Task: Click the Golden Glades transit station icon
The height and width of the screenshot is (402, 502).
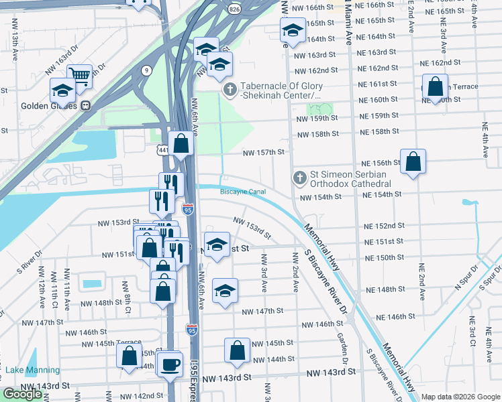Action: coord(86,106)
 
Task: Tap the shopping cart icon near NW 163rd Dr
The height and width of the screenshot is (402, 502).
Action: coord(79,75)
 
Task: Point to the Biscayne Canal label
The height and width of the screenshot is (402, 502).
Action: coord(243,192)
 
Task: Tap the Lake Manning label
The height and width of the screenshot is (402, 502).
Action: coord(32,370)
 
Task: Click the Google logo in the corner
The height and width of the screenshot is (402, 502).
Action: coord(22,394)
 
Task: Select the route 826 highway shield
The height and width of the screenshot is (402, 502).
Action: coord(234,9)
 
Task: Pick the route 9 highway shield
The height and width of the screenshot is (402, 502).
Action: coord(146,69)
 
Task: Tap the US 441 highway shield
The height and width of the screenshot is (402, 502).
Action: coord(164,151)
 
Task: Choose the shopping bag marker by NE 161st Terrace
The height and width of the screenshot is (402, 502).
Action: coord(435,86)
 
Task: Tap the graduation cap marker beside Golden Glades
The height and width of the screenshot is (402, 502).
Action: coord(62,90)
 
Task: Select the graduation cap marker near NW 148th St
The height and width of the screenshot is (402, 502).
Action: coord(225,290)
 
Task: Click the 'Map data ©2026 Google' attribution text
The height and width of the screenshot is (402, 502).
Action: coord(460,397)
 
